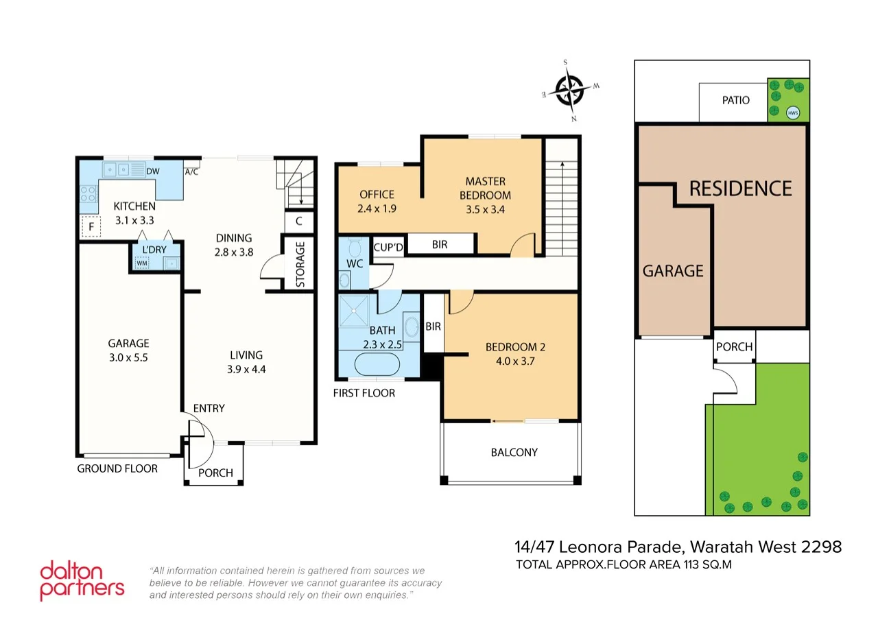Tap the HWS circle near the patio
pos(793,112)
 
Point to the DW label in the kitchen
pos(153,171)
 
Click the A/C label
pos(191,171)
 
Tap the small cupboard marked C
pos(298,221)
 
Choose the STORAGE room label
pos(300,264)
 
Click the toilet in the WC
pos(354,247)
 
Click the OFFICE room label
pos(377,194)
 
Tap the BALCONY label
pos(514,452)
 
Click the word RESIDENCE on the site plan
pos(740,188)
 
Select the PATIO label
pos(735,100)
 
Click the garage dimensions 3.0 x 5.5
pos(128,357)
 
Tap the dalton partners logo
pos(82,580)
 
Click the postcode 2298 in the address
pos(822,547)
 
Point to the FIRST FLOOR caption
pos(364,393)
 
